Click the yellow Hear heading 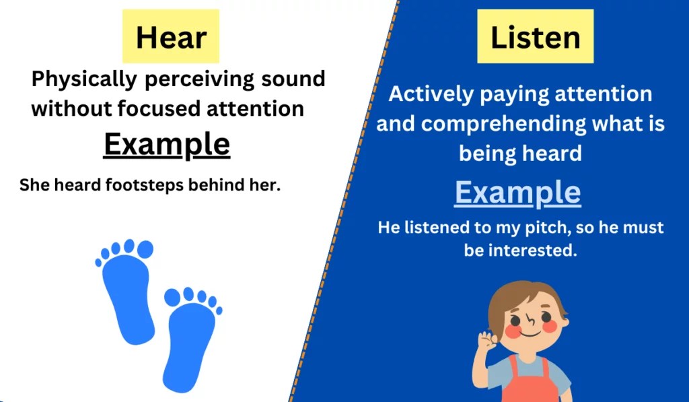point(171,37)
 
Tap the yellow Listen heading point(535,37)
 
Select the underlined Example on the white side point(166,144)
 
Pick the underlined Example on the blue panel point(517,193)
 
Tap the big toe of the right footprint point(173,296)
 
